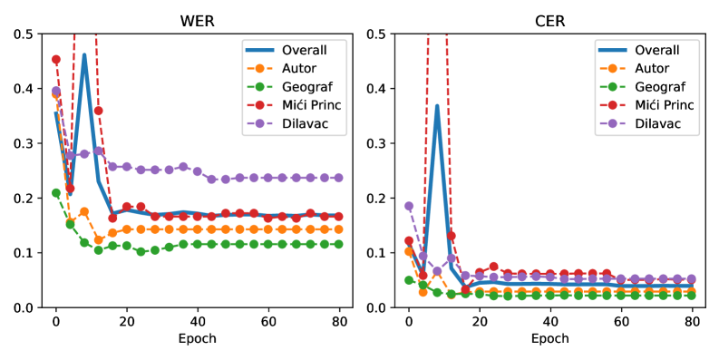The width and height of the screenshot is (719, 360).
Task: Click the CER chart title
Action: pos(550,19)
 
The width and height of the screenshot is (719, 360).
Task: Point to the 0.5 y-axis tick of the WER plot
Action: pos(24,34)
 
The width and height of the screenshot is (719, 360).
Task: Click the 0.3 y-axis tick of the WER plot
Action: pos(24,143)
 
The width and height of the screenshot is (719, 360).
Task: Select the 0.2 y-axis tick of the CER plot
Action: pos(377,198)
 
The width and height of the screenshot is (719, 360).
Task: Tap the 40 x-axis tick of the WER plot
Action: pos(198,321)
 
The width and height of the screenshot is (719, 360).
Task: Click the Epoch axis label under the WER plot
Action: pos(198,339)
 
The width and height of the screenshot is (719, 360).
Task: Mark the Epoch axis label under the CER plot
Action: pos(550,339)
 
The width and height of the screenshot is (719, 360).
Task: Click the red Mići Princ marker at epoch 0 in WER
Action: pos(56,60)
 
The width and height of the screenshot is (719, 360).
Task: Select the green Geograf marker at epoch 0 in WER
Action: pos(56,192)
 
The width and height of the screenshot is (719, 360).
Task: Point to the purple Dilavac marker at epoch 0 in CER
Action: pos(409,206)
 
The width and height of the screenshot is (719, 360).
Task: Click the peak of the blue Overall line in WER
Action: pos(84,55)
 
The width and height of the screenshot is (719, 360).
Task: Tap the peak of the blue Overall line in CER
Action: pos(437,106)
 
